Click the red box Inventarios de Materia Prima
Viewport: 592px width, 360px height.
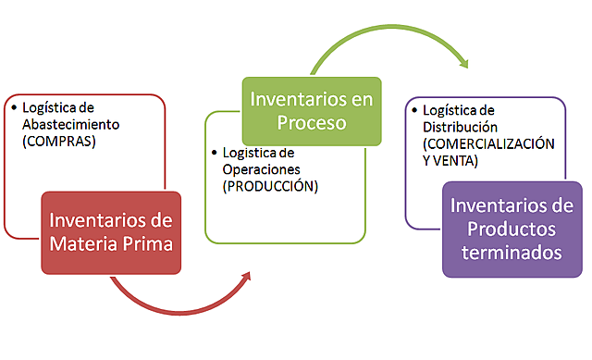(x=111, y=233)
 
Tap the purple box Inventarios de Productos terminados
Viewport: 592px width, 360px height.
(x=512, y=228)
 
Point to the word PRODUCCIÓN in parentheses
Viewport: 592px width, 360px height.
(x=269, y=185)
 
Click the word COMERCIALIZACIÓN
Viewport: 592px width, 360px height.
(x=488, y=144)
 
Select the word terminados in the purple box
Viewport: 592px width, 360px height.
(x=512, y=251)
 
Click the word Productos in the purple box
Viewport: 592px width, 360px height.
(x=512, y=228)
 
